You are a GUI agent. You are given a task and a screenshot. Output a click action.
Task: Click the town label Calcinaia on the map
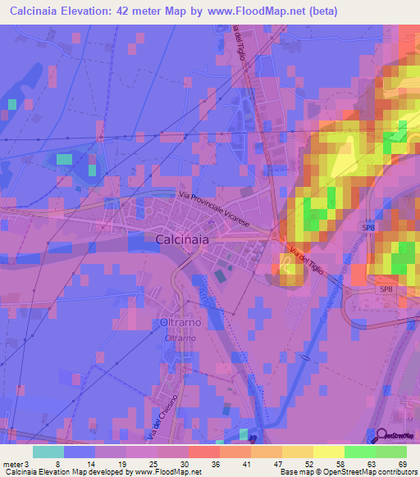click(181, 238)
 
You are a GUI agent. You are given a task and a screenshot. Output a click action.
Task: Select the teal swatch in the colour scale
click(48, 452)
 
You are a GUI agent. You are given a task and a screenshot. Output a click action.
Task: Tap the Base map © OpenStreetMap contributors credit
click(347, 472)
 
